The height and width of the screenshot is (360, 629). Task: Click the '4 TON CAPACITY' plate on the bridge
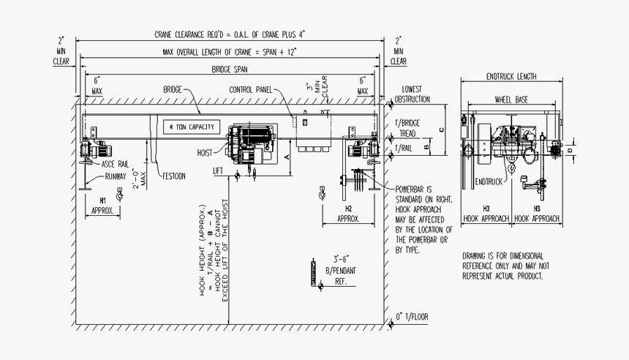click(x=192, y=127)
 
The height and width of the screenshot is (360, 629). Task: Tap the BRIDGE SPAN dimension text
click(x=230, y=70)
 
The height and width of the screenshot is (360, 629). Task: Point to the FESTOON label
click(x=174, y=176)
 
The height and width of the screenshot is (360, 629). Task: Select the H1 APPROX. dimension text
click(x=102, y=204)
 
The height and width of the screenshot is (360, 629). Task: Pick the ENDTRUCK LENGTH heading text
click(x=511, y=76)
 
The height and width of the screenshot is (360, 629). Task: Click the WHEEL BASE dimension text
click(x=511, y=100)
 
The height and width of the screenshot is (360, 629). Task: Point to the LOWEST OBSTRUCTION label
click(x=413, y=94)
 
